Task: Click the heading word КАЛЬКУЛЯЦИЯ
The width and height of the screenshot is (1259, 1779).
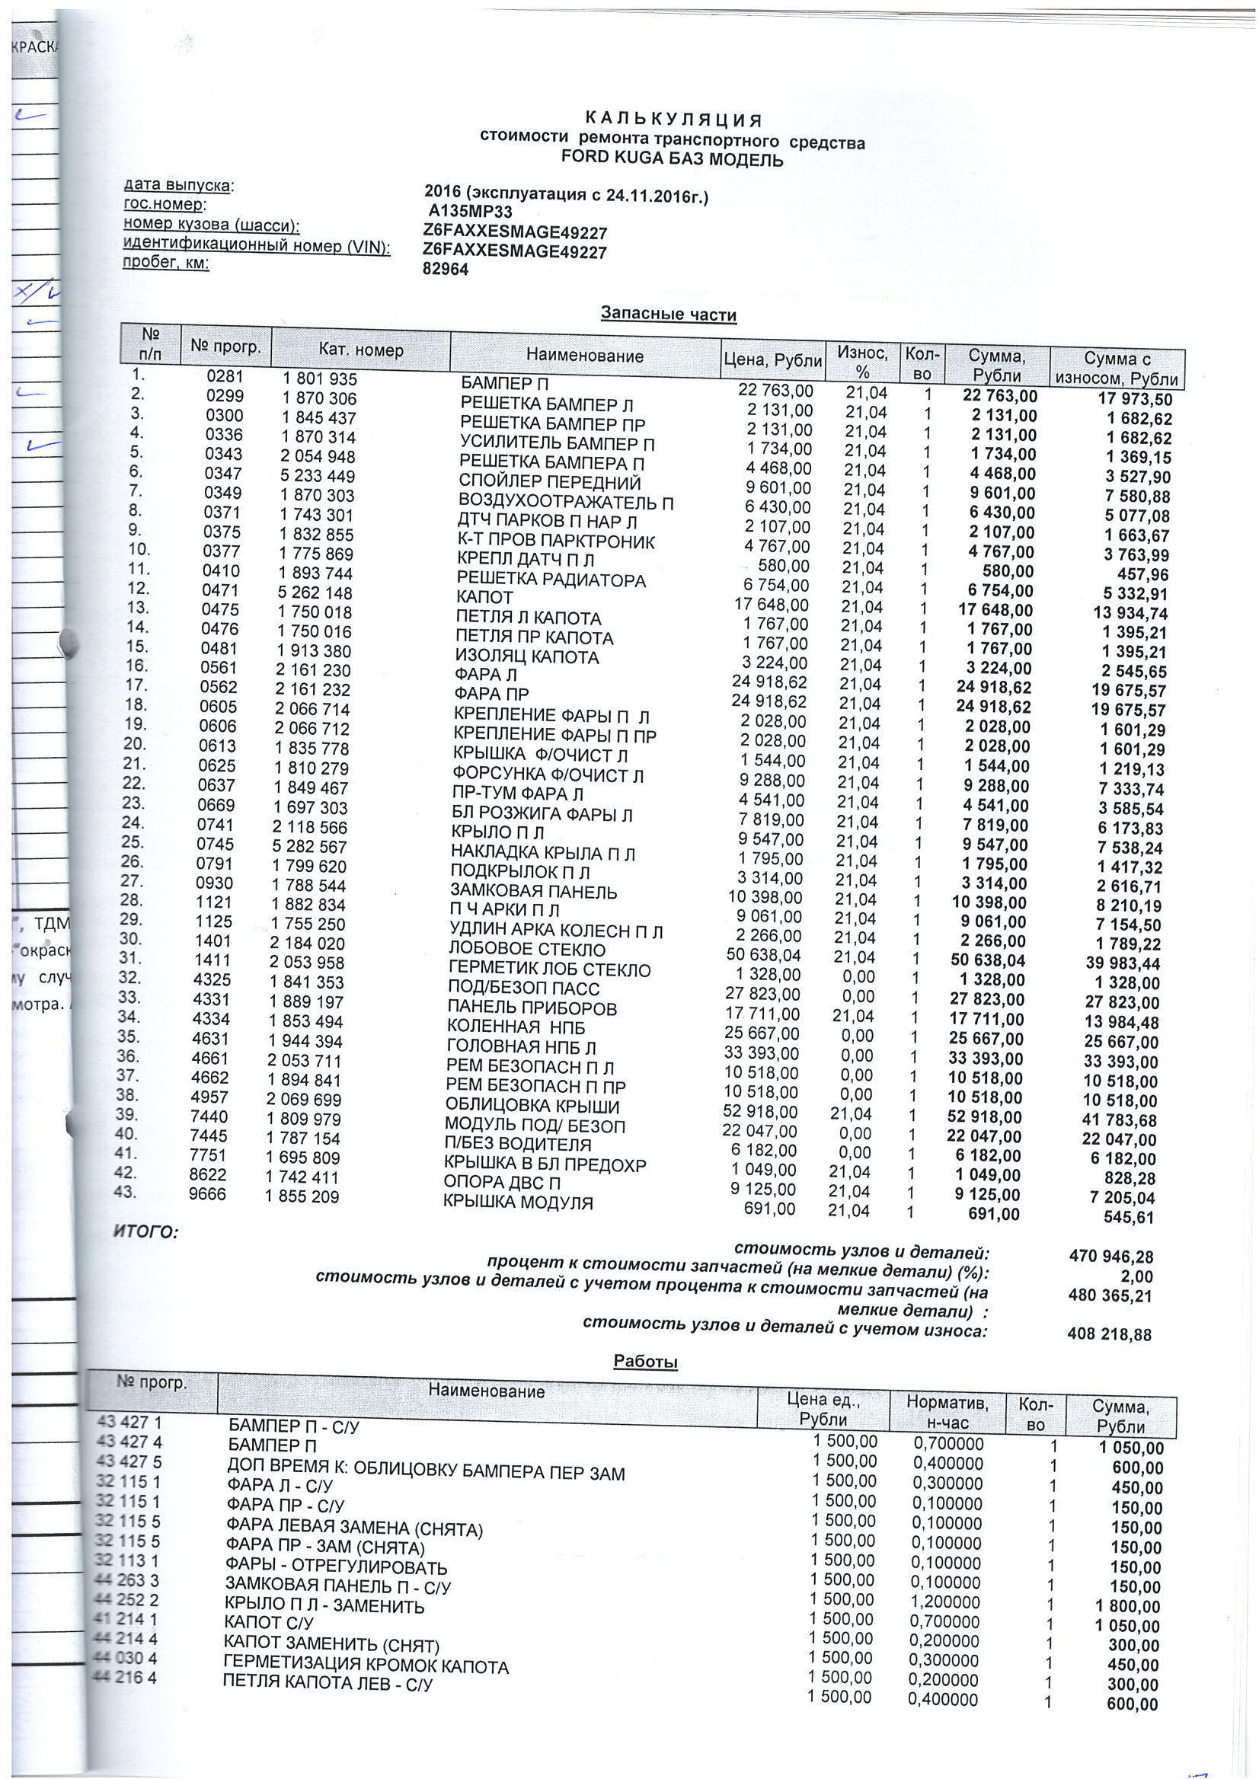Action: coord(673,120)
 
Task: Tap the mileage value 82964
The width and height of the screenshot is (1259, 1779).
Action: coord(446,270)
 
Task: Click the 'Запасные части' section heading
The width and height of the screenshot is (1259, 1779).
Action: coord(668,315)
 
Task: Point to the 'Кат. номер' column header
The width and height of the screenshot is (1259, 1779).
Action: coord(360,350)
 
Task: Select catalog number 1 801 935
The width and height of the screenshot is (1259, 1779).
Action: coord(319,379)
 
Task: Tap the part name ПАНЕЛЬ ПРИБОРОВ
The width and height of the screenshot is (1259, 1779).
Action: coord(532,1008)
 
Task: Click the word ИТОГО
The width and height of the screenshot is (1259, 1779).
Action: coord(145,1231)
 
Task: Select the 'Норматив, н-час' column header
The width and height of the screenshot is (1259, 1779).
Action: coord(947,1413)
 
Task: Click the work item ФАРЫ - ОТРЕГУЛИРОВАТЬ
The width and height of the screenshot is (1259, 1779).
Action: coord(337,1567)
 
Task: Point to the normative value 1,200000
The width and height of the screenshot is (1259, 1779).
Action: coord(946,1602)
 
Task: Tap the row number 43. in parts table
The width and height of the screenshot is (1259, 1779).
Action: coord(125,1192)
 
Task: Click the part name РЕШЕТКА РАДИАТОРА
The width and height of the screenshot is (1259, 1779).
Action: coord(551,580)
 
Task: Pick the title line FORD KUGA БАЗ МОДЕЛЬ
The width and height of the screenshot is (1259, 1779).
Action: coord(672,161)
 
